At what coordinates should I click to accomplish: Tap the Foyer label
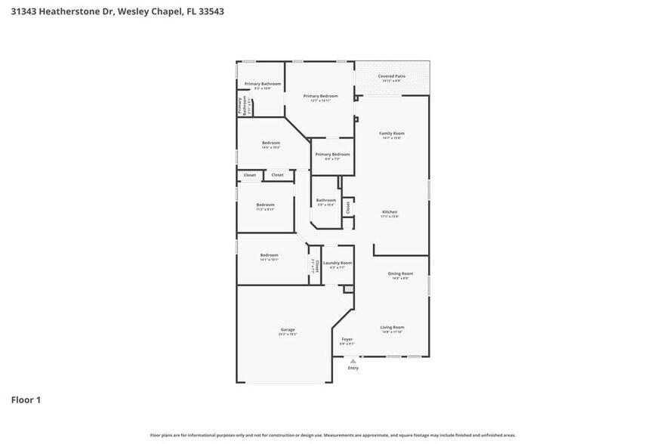pos(347,341)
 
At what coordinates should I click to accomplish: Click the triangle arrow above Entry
pos(353,361)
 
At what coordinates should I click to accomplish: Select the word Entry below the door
pos(353,368)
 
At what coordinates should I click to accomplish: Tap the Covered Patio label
pos(391,77)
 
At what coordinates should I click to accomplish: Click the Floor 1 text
pos(26,399)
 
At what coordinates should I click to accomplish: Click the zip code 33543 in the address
pos(208,11)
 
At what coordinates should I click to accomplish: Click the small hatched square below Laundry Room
pos(348,288)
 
